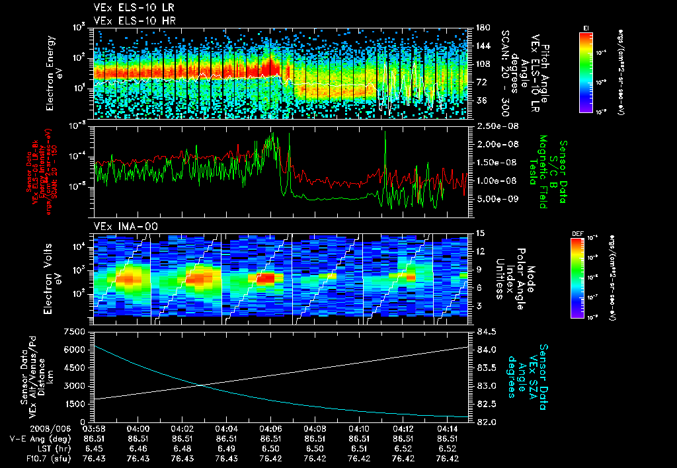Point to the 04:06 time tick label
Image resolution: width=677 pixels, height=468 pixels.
pos(270,428)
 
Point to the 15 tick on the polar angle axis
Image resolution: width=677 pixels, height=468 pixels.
pos(480,233)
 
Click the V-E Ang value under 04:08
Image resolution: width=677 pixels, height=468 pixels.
pos(315,438)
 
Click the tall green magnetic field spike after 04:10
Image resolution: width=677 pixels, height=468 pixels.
pos(385,132)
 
